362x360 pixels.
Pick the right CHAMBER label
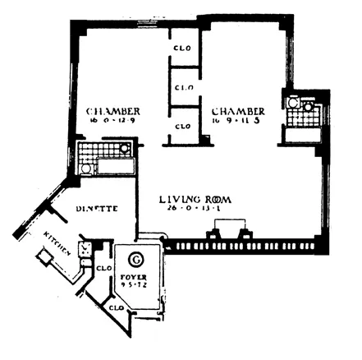[x=236, y=111]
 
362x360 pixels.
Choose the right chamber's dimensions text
[x=237, y=122]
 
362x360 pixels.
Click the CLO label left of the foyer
[x=104, y=268]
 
